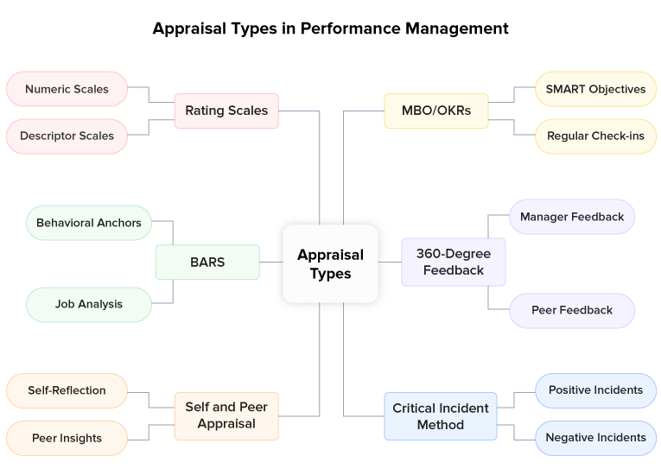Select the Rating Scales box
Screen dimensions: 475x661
[226, 111]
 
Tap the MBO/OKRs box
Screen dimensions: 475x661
[436, 111]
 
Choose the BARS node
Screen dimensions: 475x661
[207, 262]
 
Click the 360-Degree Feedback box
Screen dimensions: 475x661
[453, 262]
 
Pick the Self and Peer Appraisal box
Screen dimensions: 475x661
[226, 415]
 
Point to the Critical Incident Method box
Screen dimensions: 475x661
[441, 415]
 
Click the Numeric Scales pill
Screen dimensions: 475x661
[67, 89]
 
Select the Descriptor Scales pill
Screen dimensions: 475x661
[67, 136]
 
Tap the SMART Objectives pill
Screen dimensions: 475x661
[595, 89]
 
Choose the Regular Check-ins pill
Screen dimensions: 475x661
[595, 136]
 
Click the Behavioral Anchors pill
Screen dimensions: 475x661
[88, 223]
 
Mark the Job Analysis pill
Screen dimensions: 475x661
[88, 304]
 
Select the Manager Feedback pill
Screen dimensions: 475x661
[572, 217]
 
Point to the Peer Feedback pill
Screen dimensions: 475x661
[572, 310]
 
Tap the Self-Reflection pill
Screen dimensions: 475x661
[67, 390]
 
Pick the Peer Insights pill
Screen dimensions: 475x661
[67, 438]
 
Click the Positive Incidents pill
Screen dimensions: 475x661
[595, 389]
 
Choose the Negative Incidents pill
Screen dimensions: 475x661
[595, 438]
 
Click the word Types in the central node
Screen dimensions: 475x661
[330, 274]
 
